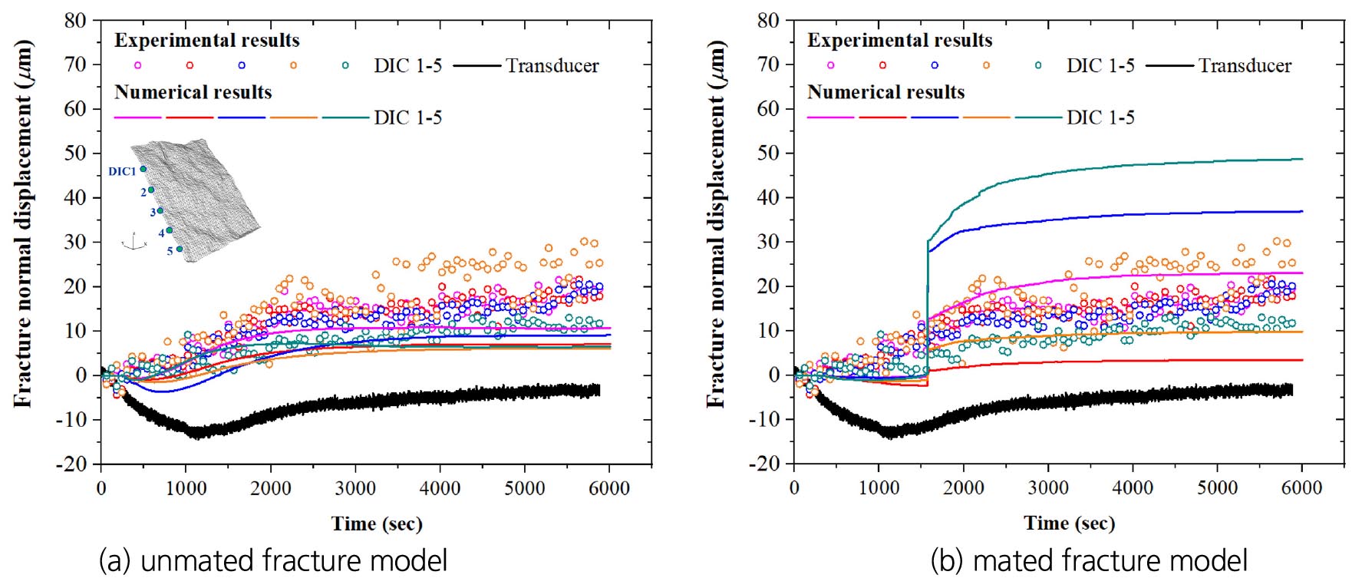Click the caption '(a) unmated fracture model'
(x=273, y=560)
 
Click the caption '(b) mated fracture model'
(x=1089, y=560)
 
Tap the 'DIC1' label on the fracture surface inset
(x=122, y=171)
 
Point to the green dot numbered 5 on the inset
(x=180, y=249)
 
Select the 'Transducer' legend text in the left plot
(x=552, y=66)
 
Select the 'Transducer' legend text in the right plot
(x=1245, y=66)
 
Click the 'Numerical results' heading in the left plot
(x=193, y=92)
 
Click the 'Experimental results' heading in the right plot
(x=899, y=40)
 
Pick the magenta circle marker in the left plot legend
(x=138, y=65)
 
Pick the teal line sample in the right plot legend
(x=1038, y=117)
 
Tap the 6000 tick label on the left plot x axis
(x=609, y=488)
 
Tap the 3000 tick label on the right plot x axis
(x=1048, y=488)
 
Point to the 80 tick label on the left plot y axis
(x=75, y=21)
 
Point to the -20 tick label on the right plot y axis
(x=763, y=464)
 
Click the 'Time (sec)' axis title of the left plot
(x=377, y=524)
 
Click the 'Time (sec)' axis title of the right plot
(x=1069, y=524)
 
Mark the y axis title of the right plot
(x=716, y=223)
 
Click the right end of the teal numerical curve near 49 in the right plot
(x=1301, y=159)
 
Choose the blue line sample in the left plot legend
(x=242, y=117)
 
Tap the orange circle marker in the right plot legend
(x=986, y=65)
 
